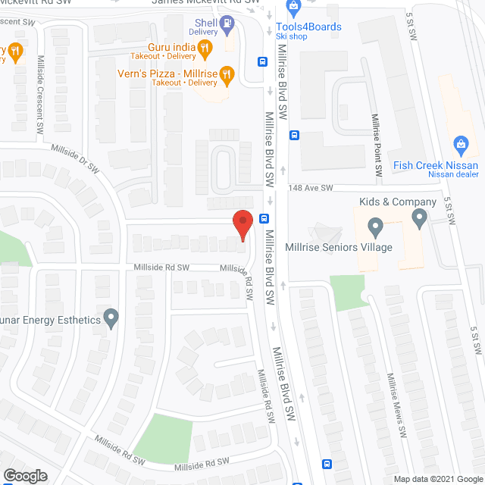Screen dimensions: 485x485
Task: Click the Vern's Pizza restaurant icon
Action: [x=225, y=74]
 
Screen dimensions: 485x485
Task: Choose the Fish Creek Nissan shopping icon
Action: [x=458, y=143]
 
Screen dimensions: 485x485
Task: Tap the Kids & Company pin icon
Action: [x=420, y=219]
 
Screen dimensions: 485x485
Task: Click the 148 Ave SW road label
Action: [x=310, y=188]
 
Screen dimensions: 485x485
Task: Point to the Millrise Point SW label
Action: [x=375, y=144]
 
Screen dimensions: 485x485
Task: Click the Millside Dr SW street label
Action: [x=77, y=156]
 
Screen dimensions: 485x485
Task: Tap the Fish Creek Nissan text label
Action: [x=436, y=165]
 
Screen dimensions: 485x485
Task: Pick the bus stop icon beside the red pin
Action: [x=263, y=218]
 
